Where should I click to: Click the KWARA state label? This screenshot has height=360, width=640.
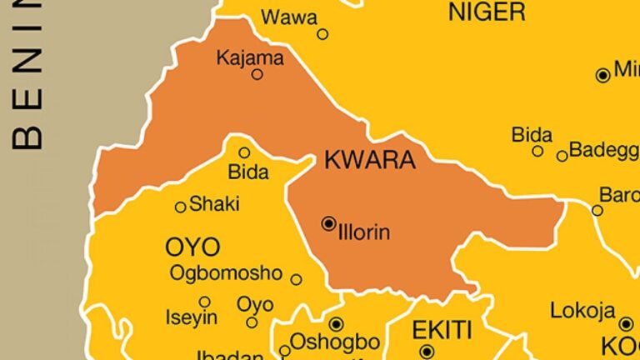tap(369, 160)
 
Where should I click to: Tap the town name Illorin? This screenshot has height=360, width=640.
tap(364, 232)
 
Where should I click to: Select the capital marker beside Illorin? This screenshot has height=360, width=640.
tap(328, 223)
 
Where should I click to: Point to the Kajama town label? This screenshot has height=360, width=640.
tap(250, 58)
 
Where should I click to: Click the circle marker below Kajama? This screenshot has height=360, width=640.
tap(257, 74)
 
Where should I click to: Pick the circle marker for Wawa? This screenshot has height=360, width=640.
tap(322, 34)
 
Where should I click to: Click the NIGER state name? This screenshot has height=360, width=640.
tap(487, 12)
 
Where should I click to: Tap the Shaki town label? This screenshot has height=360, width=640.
tap(214, 203)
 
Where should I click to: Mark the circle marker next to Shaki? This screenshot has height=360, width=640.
tap(180, 207)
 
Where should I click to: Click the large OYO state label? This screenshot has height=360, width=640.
tap(192, 247)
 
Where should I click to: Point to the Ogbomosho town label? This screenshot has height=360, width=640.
tap(225, 272)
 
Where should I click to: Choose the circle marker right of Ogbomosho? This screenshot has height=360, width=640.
tap(296, 279)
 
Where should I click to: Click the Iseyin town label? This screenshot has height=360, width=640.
tap(192, 317)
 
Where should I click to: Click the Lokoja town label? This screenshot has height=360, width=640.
tap(582, 311)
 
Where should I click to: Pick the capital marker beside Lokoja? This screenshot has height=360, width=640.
tap(627, 323)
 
